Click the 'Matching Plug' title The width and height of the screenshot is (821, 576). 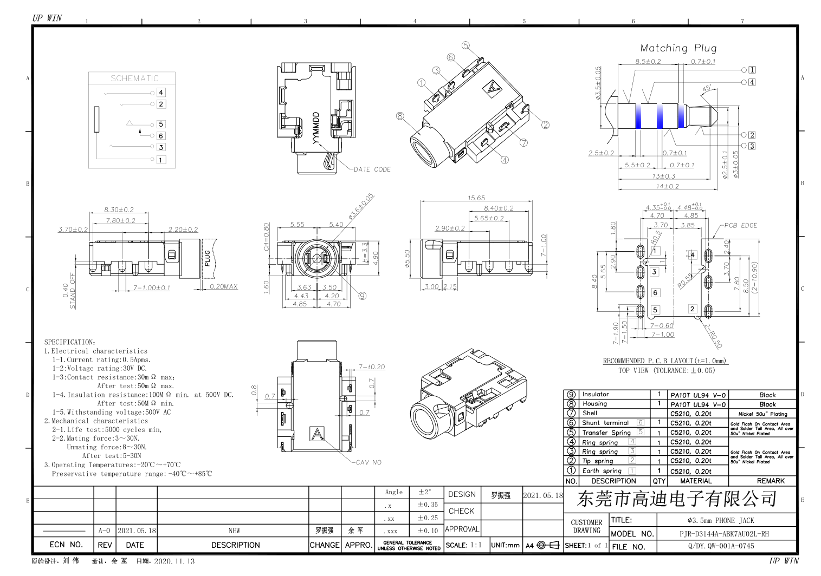coord(678,48)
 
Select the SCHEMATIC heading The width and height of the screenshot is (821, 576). coord(134,78)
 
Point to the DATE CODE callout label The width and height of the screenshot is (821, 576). coord(372,169)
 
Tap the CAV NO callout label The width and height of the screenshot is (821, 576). coord(369,462)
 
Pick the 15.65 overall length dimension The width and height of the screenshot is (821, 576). coord(476,198)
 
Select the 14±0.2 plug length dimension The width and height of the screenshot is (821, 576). coord(667,186)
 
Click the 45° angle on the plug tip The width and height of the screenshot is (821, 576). coord(707,88)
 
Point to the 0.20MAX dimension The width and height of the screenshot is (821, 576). coord(224,286)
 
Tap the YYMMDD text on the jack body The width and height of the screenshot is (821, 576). coord(316,128)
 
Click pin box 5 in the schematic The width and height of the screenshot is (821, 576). coord(161,125)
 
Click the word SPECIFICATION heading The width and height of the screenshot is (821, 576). coord(70,342)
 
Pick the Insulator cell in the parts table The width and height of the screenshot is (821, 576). coord(596,395)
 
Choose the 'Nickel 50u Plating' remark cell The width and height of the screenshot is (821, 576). coord(762,414)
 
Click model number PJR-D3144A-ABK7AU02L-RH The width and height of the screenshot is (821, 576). coord(724,534)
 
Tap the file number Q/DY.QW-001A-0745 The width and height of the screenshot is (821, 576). coord(721,546)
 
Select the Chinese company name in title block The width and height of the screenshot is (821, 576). coord(677,499)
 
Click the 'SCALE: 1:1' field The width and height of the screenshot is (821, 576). coord(463,545)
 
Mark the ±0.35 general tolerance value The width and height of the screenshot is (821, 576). coord(427,505)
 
